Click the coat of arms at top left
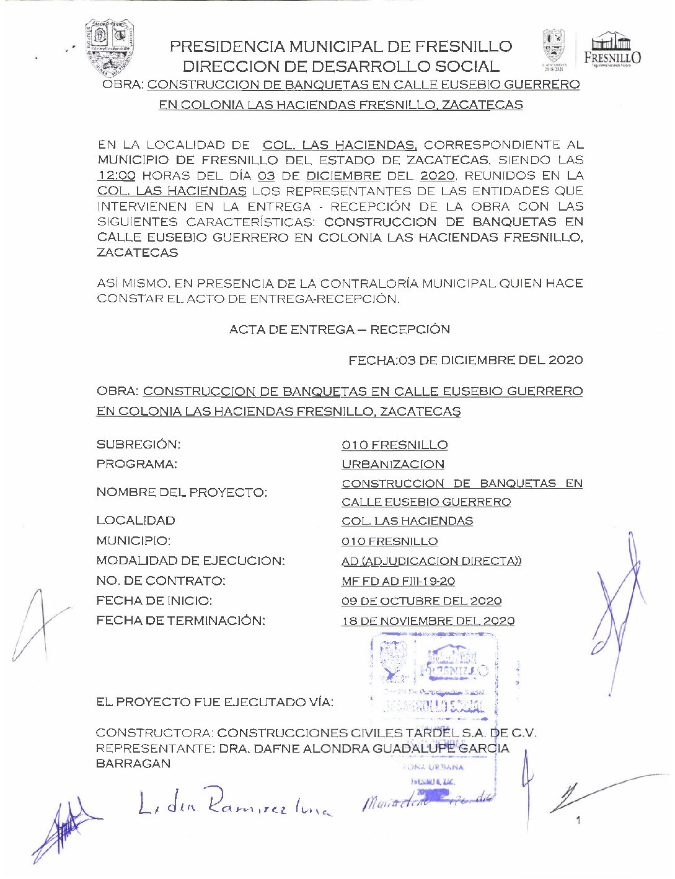pos(110,46)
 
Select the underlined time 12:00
pos(117,176)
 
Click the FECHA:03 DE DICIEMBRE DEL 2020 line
pos(465,360)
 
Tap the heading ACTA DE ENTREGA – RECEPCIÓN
pos(339,330)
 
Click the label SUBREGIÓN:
pos(138,445)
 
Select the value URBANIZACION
pos(393,465)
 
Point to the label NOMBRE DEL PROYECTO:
pos(182,492)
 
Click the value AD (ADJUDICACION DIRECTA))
pos(431,561)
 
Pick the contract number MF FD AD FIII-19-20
pos(398,581)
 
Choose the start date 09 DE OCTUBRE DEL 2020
pos(421,601)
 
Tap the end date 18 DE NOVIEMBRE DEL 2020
pos(428,621)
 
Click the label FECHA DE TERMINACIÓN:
pos(180,621)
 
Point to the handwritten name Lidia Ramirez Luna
pos(234,803)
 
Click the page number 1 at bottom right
pos(578,821)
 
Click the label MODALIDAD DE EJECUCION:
pos(190,561)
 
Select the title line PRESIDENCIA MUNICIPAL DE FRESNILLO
pos(340,46)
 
